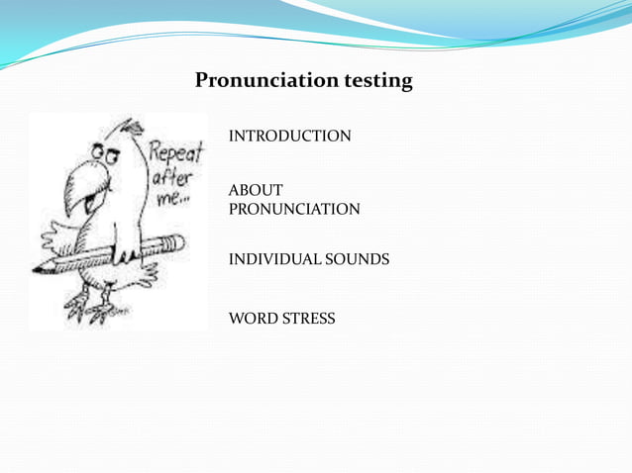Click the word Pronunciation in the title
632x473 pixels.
pyautogui.click(x=265, y=81)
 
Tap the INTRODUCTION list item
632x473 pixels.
pyautogui.click(x=289, y=136)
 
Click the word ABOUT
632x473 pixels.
pyautogui.click(x=256, y=190)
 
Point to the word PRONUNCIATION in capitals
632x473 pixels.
pyautogui.click(x=294, y=210)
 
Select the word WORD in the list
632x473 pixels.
pyautogui.click(x=254, y=319)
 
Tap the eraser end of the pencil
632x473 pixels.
pyautogui.click(x=175, y=241)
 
